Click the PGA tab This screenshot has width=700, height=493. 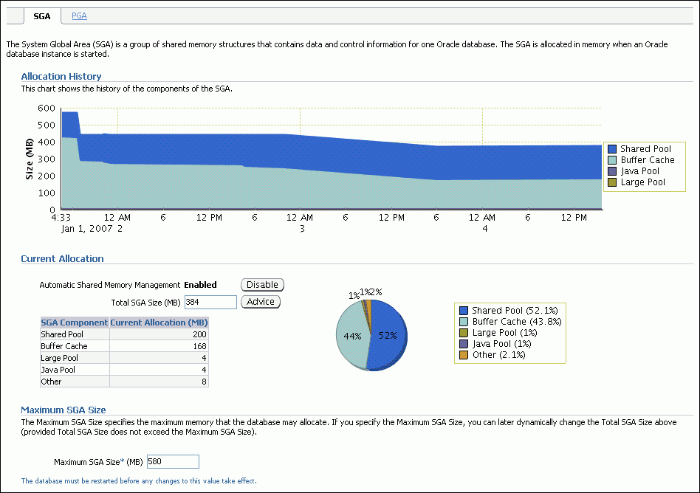[x=79, y=15]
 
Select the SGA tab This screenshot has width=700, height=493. [x=42, y=15]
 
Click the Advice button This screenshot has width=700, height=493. [x=261, y=302]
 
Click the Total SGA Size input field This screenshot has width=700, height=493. [x=210, y=302]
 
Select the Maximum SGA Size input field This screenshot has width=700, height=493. [x=173, y=461]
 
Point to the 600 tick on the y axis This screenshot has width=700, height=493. [x=47, y=108]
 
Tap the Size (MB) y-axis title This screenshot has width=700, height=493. [x=30, y=159]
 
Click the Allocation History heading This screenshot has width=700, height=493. [x=61, y=76]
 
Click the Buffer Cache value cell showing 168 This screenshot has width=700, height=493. [x=159, y=346]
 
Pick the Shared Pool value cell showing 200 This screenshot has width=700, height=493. [x=159, y=334]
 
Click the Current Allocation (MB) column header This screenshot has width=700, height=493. [x=159, y=323]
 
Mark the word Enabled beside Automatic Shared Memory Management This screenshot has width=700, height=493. [x=200, y=285]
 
